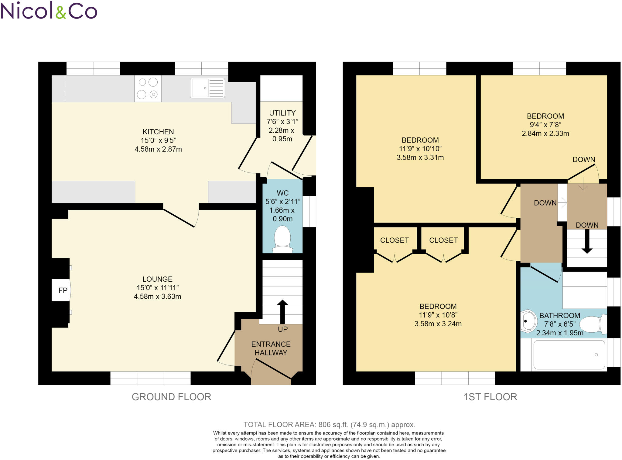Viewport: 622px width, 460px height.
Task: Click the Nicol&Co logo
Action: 49,11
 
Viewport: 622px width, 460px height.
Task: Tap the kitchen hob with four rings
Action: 148,88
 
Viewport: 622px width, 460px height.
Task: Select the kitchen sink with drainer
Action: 207,88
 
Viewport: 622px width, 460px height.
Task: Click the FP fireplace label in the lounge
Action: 63,290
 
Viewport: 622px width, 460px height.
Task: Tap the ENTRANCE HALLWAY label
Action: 271,348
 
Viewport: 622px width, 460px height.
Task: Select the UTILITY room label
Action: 282,113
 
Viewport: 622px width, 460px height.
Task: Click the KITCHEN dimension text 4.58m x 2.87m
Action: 158,149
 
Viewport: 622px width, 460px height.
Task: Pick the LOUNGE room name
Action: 157,279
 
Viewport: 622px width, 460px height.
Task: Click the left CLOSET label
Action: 394,240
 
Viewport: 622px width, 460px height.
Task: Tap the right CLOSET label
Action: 443,240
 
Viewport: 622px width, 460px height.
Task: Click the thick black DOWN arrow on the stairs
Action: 587,242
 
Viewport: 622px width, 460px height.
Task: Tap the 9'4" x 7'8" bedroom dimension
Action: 545,125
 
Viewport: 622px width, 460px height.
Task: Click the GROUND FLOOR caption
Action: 171,397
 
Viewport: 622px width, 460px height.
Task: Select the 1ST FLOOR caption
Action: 490,397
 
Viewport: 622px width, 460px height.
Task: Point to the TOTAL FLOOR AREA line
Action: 329,425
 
